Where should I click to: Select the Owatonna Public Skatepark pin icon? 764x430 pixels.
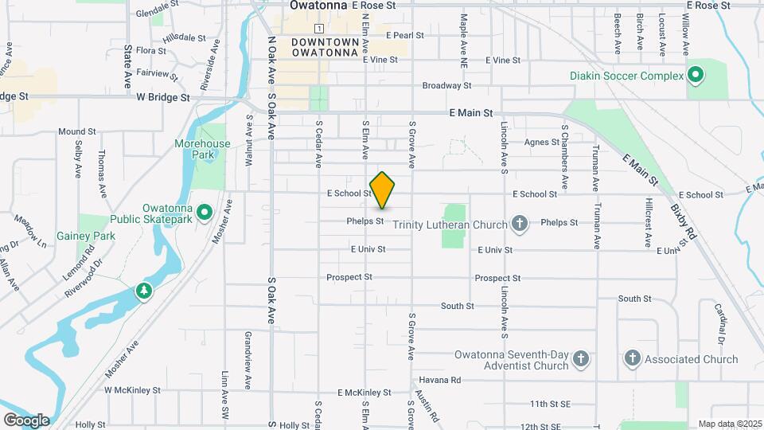click(x=204, y=212)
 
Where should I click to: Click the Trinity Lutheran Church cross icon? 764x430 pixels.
click(x=519, y=224)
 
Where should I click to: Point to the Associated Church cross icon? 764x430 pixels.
click(x=633, y=358)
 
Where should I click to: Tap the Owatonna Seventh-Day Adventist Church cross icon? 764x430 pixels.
click(x=581, y=359)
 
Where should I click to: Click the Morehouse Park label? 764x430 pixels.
click(x=202, y=149)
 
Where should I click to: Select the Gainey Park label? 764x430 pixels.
click(x=86, y=236)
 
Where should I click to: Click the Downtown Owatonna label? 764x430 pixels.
click(x=325, y=47)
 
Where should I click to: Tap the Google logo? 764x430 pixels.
click(x=26, y=420)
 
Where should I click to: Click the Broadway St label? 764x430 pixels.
click(x=446, y=85)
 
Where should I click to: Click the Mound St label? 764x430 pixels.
click(x=76, y=131)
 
